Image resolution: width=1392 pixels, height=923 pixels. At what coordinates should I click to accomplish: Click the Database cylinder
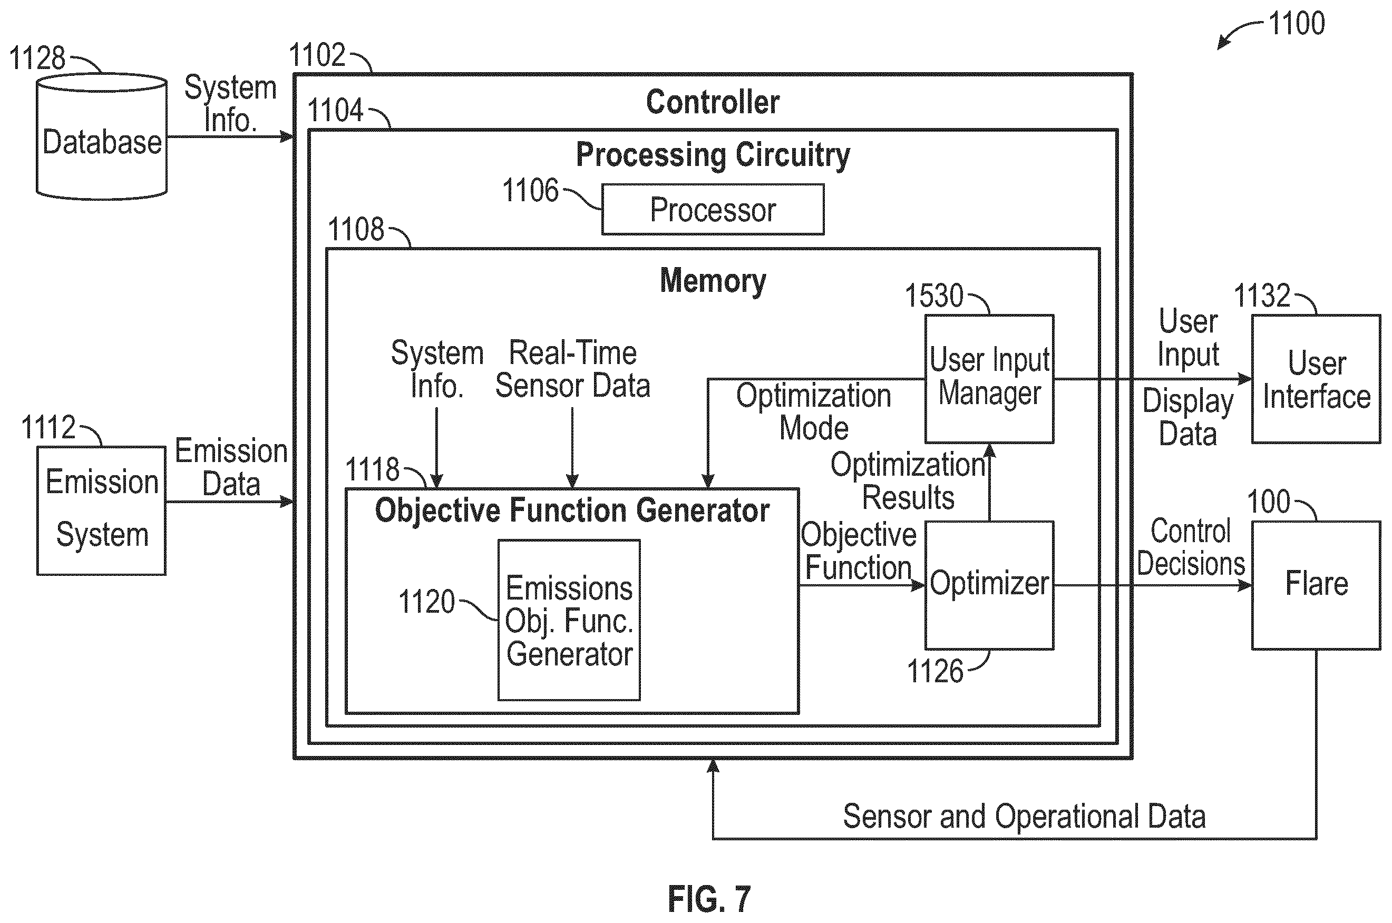coord(102,136)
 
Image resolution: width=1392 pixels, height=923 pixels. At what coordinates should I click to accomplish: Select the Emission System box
coord(102,510)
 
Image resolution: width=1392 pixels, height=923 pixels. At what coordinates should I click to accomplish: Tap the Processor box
coord(713,210)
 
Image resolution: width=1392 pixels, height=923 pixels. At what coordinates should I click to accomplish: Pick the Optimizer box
coord(989,585)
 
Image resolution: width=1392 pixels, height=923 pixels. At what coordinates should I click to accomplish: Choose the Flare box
coord(1316,585)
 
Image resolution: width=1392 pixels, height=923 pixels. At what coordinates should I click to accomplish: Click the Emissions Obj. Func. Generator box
coord(569,620)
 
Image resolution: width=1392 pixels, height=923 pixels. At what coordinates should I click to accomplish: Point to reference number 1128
coord(37,58)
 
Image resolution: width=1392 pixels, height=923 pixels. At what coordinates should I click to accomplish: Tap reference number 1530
coord(933,296)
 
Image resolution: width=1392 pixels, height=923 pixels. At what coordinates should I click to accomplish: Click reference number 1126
coord(935,671)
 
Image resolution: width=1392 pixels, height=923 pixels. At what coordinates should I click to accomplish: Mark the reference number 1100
coord(1297,24)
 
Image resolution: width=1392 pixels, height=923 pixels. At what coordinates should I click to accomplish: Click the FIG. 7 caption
coord(709,899)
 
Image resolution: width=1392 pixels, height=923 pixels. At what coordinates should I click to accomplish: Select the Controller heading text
coord(713,102)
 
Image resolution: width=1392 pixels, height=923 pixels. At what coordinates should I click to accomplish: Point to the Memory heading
coord(713,281)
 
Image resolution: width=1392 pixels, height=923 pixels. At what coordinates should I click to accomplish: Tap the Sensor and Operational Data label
coord(1025,817)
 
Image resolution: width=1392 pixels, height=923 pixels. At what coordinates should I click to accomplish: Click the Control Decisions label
coord(1191,547)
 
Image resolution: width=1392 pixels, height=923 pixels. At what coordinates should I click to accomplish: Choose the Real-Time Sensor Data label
coord(573,369)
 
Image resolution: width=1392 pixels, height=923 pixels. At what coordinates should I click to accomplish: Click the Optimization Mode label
coord(814,411)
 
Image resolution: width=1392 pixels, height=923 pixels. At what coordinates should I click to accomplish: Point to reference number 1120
coord(427,602)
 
